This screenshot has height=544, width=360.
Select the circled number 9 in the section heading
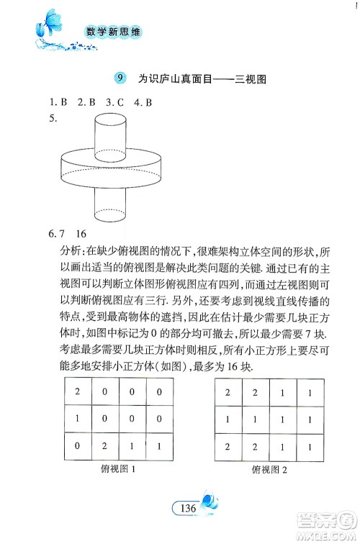pyautogui.click(x=120, y=78)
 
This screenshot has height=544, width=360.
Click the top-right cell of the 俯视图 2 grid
pyautogui.click(x=310, y=394)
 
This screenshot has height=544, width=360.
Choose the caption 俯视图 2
pyautogui.click(x=269, y=471)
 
